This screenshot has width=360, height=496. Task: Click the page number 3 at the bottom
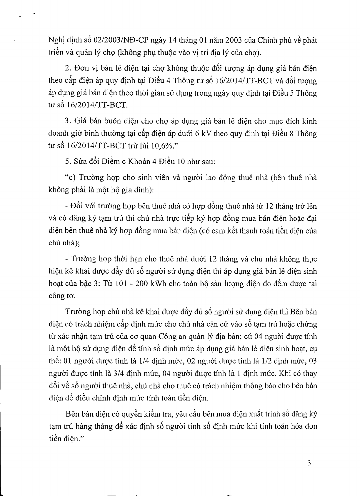pyautogui.click(x=309, y=463)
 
